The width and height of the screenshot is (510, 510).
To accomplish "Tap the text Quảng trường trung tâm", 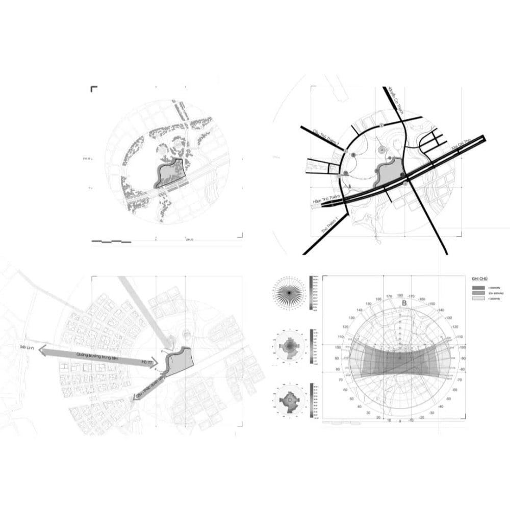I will [x=97, y=355].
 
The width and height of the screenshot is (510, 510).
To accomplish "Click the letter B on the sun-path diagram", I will [x=404, y=303].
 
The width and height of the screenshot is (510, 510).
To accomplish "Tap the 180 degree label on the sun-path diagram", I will [x=400, y=295].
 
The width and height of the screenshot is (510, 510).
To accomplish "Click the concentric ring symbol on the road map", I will [x=381, y=151].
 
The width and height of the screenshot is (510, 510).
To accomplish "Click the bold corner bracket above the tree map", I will [x=94, y=89].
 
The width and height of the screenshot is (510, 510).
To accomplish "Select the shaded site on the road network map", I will [x=390, y=173].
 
